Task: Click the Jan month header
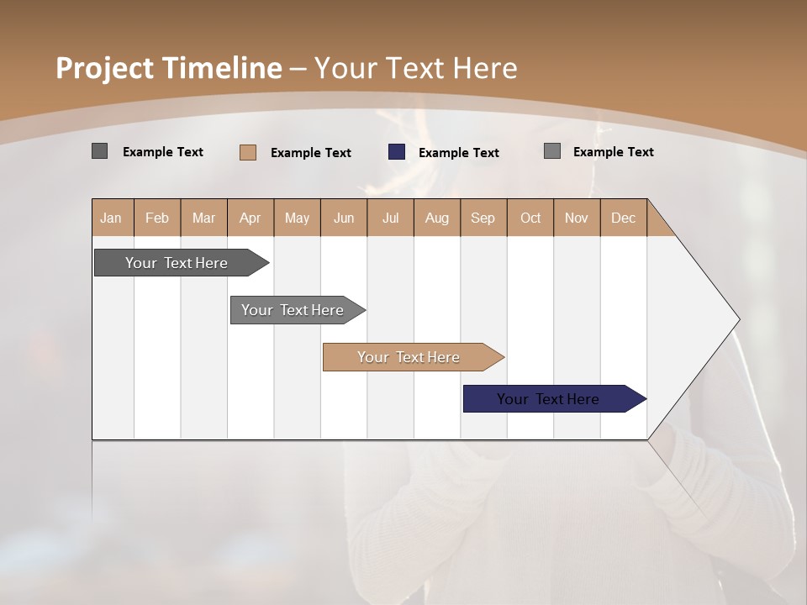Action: tap(111, 218)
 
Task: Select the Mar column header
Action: tap(203, 218)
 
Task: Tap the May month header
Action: tap(297, 218)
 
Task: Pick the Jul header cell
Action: tap(390, 218)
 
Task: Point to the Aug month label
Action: tap(436, 218)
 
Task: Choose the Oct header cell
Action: tap(530, 218)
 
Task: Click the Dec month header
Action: tap(623, 218)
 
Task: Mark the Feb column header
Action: tap(157, 218)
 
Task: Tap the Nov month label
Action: tap(577, 218)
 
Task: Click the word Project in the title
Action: tap(104, 68)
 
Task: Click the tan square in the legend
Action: tap(248, 152)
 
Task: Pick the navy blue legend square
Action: tap(397, 152)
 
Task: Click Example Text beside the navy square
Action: tap(459, 152)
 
